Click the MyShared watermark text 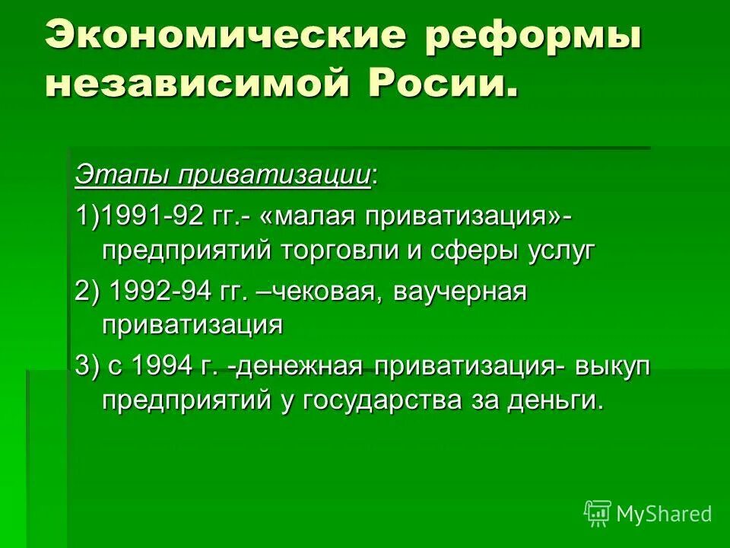pos(664,515)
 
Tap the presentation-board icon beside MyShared pos(598,514)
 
